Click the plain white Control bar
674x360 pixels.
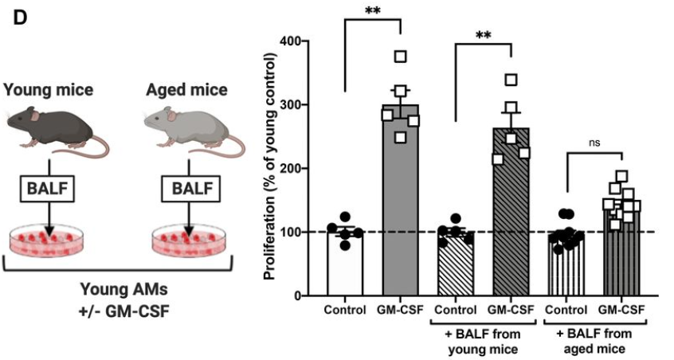(x=345, y=263)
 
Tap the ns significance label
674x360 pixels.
(x=593, y=143)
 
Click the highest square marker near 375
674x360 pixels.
(x=401, y=56)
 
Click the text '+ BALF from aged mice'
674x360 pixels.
(x=594, y=342)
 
